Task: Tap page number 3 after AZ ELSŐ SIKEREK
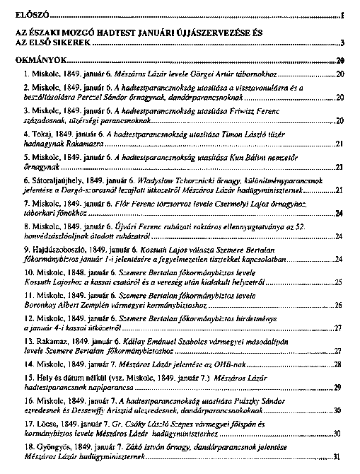(x=341, y=43)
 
